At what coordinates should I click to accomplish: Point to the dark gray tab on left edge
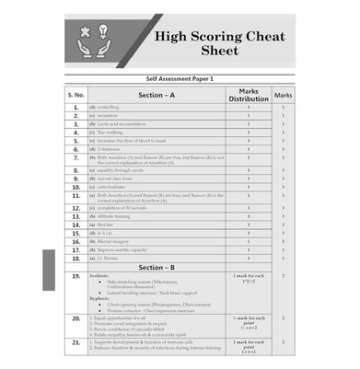point(48,270)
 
